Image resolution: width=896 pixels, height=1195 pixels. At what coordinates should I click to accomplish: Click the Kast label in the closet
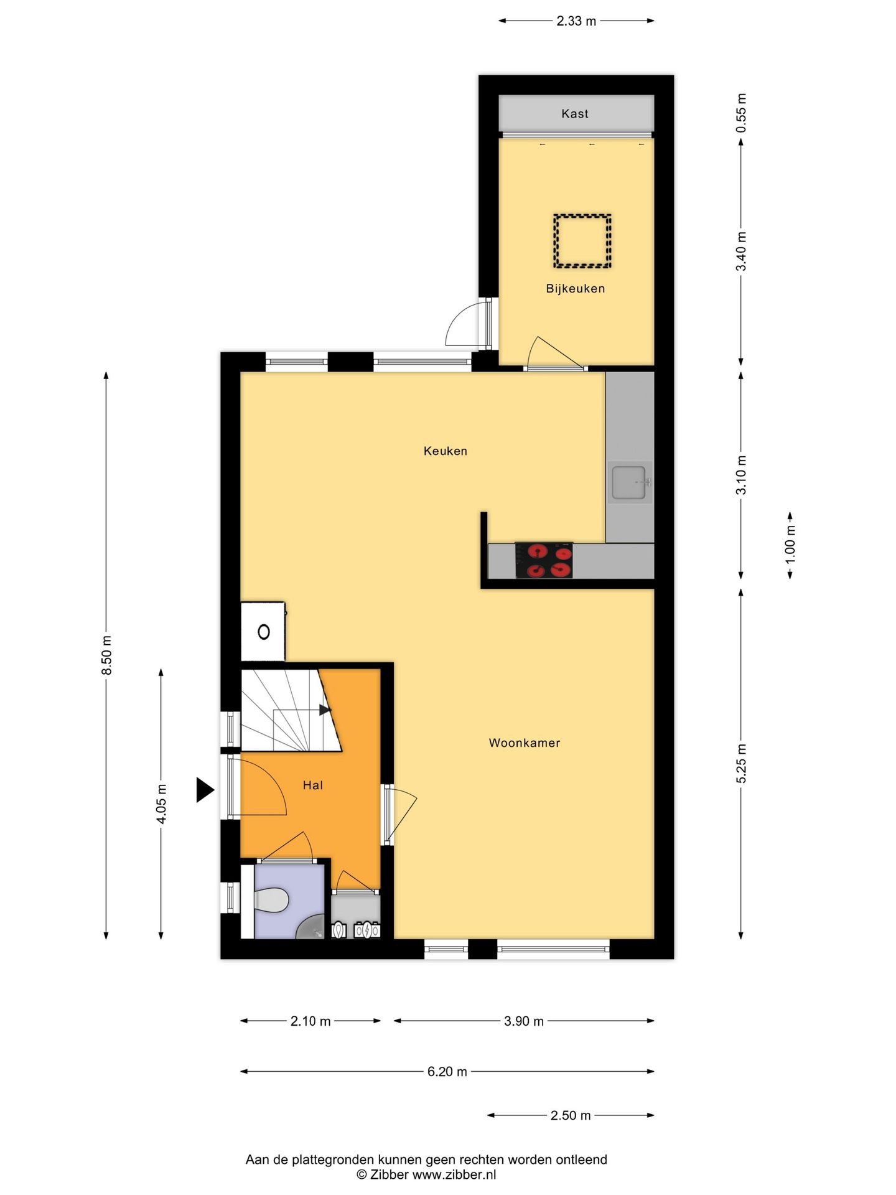pyautogui.click(x=574, y=113)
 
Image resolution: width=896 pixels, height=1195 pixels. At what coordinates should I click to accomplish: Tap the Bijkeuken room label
pyautogui.click(x=575, y=288)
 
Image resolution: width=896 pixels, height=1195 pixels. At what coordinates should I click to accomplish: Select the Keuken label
pyautogui.click(x=445, y=451)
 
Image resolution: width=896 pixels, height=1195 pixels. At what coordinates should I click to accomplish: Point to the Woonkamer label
pyautogui.click(x=524, y=743)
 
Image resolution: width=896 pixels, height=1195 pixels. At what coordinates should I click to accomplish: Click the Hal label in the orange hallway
pyautogui.click(x=312, y=785)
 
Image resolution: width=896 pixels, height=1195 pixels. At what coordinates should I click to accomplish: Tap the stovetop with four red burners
pyautogui.click(x=544, y=560)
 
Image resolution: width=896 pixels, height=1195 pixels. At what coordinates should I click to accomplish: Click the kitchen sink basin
pyautogui.click(x=628, y=482)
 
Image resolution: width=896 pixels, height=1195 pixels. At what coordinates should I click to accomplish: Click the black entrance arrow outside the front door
pyautogui.click(x=205, y=790)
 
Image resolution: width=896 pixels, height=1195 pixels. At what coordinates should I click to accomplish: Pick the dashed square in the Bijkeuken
pyautogui.click(x=582, y=241)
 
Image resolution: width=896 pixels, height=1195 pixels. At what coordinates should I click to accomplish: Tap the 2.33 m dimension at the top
pyautogui.click(x=576, y=21)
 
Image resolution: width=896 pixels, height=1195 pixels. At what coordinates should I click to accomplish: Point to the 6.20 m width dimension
pyautogui.click(x=447, y=1072)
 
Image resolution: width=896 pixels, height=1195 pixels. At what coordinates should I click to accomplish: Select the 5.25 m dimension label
pyautogui.click(x=741, y=764)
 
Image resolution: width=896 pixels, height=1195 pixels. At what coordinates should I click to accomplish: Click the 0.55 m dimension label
pyautogui.click(x=741, y=113)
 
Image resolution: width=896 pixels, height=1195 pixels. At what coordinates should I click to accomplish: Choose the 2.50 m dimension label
pyautogui.click(x=570, y=1115)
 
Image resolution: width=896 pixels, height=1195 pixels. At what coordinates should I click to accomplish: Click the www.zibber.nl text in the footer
pyautogui.click(x=454, y=1174)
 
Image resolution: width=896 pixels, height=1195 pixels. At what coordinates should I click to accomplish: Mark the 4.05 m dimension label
pyautogui.click(x=161, y=804)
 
